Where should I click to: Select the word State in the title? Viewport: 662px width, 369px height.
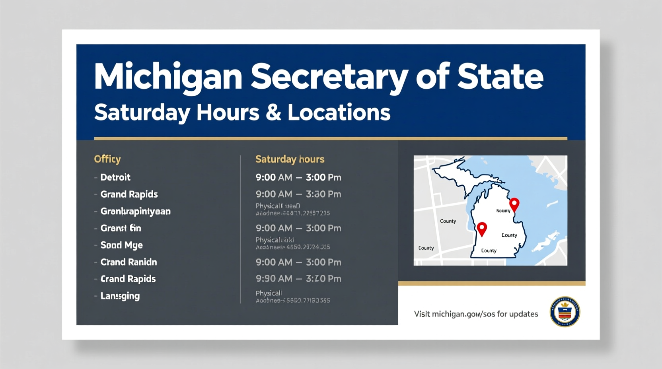point(500,76)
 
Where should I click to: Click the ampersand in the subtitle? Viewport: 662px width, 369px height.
point(273,113)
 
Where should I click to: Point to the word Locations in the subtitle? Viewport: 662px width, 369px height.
point(339,113)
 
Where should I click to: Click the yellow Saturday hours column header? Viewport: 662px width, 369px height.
point(290,159)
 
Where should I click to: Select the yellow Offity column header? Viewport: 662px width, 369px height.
point(107,159)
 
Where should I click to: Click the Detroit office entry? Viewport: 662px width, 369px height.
point(115,177)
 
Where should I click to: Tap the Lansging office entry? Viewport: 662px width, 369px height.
point(120,296)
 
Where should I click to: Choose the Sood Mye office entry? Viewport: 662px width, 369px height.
point(121,245)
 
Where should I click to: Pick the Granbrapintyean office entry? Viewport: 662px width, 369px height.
point(135,212)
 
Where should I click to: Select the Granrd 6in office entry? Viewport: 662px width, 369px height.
point(121,228)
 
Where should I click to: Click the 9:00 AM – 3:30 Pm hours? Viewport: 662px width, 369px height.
point(298,194)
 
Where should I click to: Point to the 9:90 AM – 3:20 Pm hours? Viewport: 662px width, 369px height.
point(298,279)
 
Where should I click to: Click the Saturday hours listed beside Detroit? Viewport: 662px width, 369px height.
point(298,177)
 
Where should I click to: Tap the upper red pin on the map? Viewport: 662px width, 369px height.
point(514,204)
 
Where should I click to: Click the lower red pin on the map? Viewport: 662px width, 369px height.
point(482,229)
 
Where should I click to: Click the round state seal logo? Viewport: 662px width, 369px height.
point(565,312)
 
